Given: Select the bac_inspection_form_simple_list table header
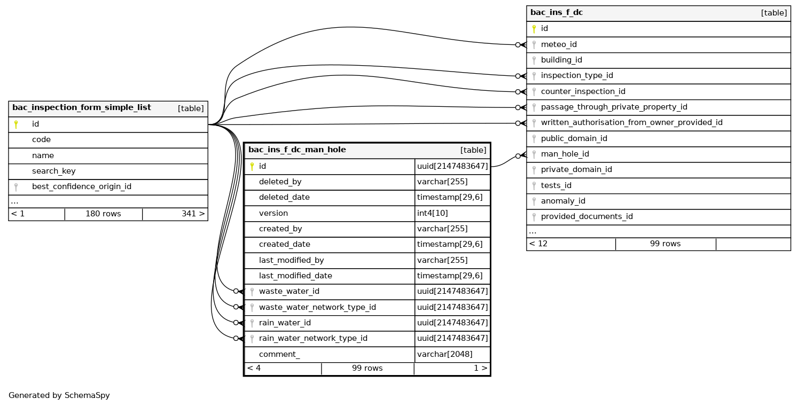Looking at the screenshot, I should [82, 108].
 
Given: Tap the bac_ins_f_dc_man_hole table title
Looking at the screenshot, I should [297, 150].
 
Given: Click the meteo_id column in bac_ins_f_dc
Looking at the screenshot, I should [559, 44].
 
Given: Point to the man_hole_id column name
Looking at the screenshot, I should [565, 154].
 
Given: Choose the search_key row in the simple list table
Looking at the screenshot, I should [53, 171].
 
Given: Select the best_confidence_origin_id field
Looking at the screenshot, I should [81, 187].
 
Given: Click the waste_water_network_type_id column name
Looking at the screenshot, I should [317, 307].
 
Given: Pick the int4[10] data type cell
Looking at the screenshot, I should [432, 213].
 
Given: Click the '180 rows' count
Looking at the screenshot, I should [103, 214].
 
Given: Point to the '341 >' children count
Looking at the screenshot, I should [193, 214].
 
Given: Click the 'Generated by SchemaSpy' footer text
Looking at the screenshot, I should [59, 396].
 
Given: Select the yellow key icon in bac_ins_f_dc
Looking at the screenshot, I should [534, 29].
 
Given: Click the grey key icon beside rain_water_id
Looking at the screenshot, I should [252, 323].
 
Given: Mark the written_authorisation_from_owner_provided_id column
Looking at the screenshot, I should [631, 123].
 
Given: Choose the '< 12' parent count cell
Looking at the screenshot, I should [538, 244].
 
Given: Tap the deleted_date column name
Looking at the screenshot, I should [284, 198].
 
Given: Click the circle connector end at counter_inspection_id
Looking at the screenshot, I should [518, 92].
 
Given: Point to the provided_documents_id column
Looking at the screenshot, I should [586, 217].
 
